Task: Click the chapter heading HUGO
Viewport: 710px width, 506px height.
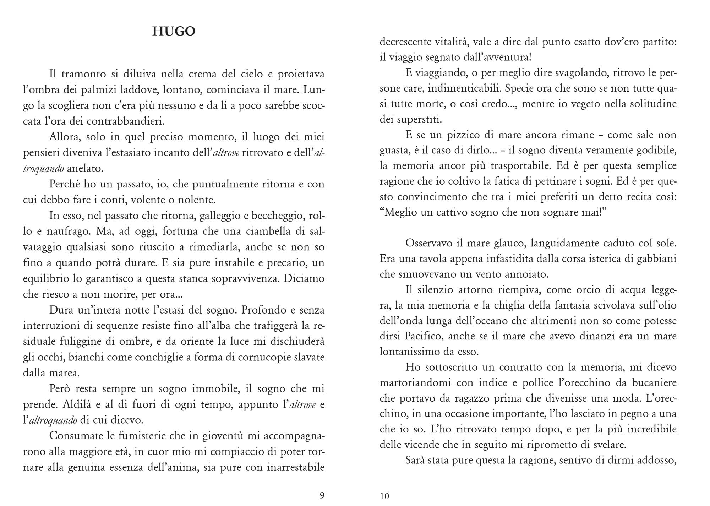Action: coord(174,31)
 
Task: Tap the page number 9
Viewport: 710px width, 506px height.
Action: coord(322,495)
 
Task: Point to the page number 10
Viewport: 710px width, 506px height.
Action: coord(384,496)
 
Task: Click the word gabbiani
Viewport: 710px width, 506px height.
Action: coord(657,259)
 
